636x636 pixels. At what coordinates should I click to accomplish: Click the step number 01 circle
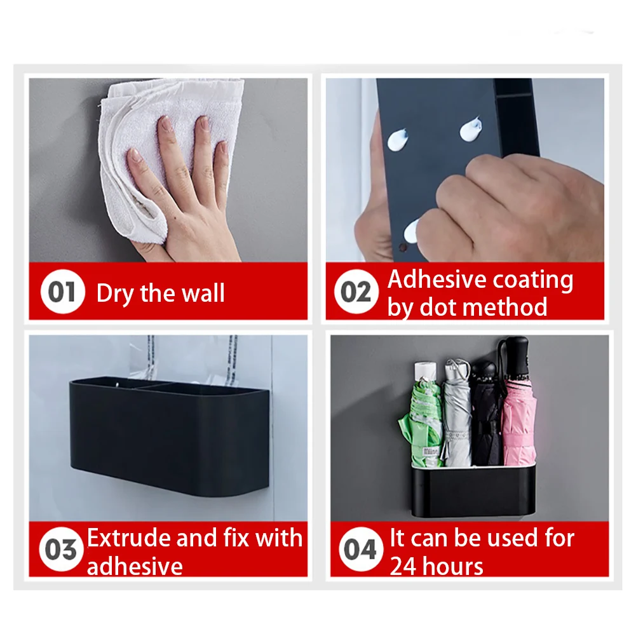[62, 291]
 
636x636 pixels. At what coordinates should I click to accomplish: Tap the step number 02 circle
[356, 291]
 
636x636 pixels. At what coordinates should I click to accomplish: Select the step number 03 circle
[61, 549]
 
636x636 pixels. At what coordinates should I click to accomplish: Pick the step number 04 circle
[361, 549]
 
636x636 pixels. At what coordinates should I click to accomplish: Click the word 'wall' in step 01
[203, 293]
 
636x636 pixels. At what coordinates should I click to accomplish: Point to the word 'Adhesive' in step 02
[436, 280]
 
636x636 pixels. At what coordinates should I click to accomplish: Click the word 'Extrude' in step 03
[129, 538]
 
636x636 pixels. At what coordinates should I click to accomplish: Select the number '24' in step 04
[403, 566]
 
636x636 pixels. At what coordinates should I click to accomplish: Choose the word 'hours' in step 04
[452, 566]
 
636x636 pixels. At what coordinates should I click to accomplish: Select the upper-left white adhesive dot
[398, 139]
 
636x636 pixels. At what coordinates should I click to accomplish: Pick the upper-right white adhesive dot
[471, 128]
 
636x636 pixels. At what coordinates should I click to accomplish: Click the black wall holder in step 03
[170, 436]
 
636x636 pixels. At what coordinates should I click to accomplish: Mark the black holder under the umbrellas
[473, 491]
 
